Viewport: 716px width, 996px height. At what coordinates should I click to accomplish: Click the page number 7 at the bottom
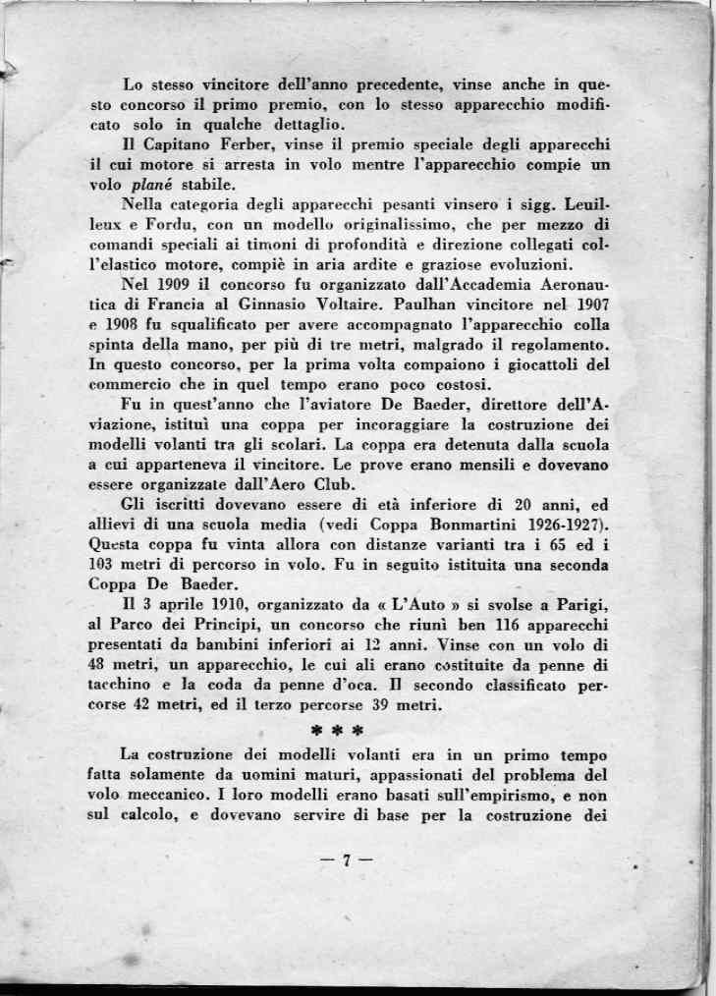(345, 860)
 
